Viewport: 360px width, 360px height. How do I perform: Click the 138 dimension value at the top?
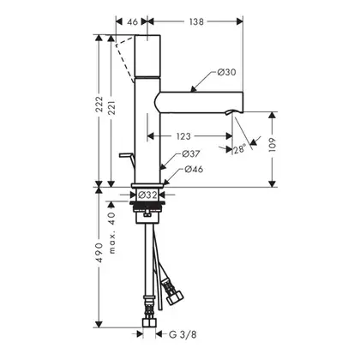click(x=196, y=21)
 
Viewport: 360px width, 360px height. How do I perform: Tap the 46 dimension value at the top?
click(x=132, y=21)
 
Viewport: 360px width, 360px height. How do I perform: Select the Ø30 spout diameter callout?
click(x=226, y=72)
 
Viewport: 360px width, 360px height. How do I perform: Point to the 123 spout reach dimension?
click(x=183, y=136)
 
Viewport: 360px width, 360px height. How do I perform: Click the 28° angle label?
click(x=240, y=149)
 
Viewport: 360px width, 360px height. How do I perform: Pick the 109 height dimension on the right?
click(x=273, y=145)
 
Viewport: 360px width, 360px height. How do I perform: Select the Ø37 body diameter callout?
click(x=191, y=154)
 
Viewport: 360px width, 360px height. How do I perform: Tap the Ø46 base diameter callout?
click(x=194, y=169)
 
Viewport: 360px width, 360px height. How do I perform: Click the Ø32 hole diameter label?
click(x=147, y=195)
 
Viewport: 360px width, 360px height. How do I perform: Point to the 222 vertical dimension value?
click(x=99, y=104)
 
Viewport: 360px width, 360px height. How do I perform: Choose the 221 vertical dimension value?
click(x=111, y=107)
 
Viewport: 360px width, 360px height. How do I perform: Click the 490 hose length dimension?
click(x=99, y=253)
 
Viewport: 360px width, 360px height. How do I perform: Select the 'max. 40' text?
click(x=112, y=232)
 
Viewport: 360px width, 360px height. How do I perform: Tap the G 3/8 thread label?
click(x=183, y=334)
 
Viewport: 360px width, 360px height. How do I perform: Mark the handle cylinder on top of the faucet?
click(x=147, y=56)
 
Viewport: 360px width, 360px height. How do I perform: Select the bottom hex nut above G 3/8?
click(x=149, y=322)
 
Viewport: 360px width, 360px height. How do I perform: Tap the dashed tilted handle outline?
click(x=125, y=58)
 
